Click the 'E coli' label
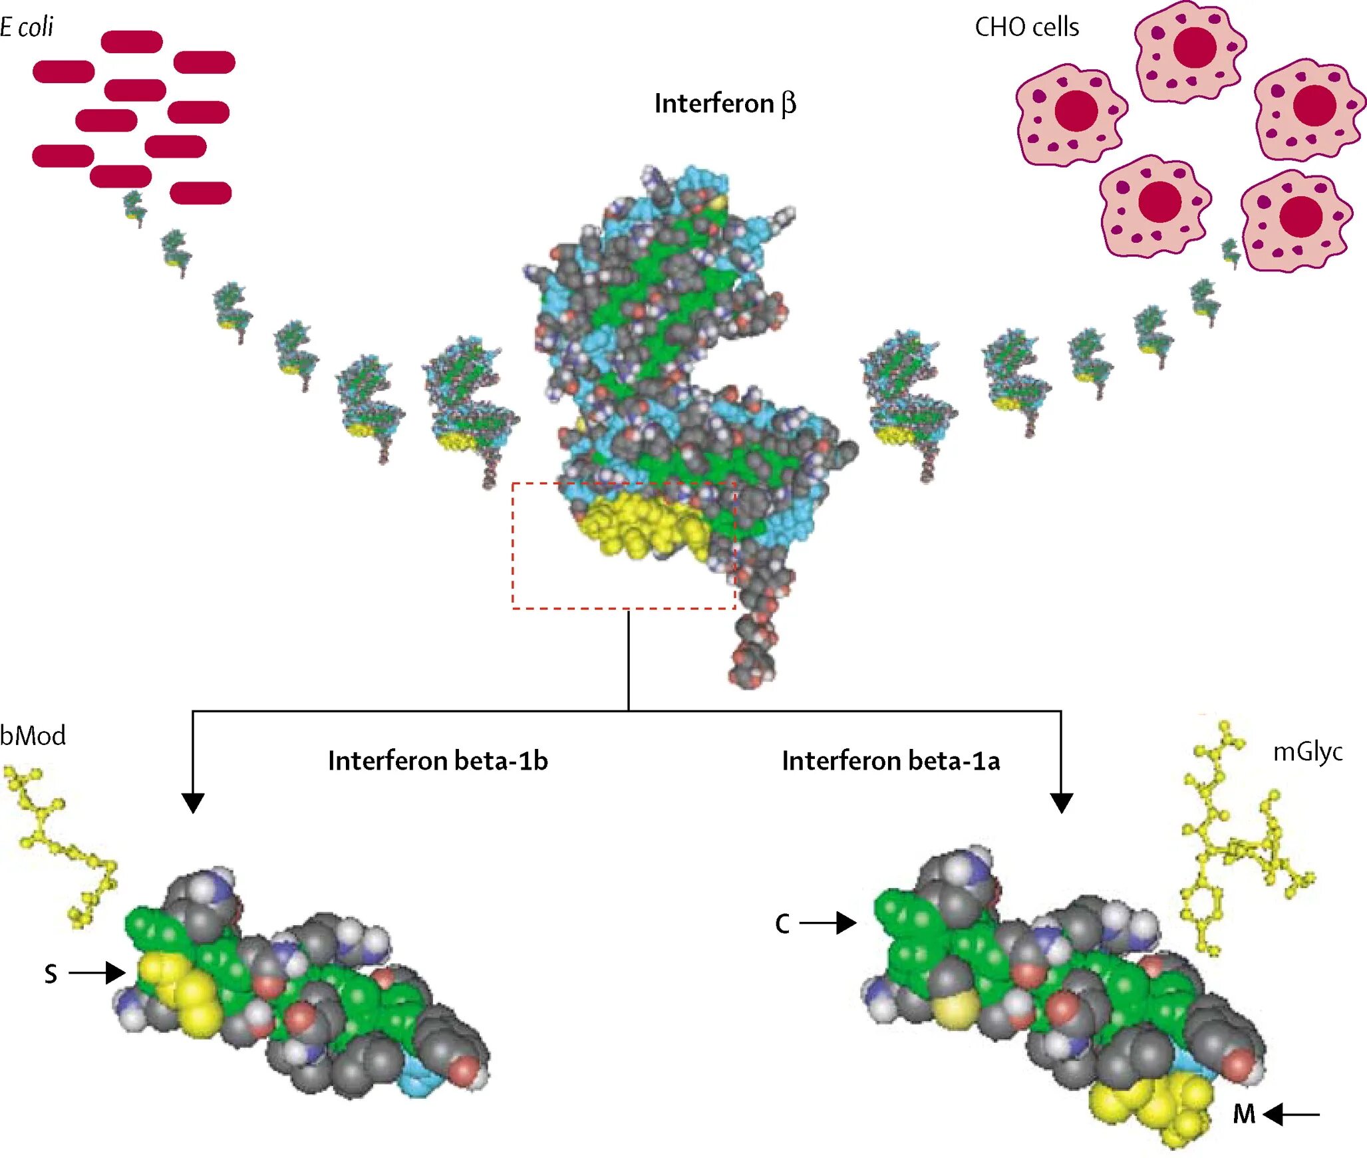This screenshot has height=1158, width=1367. point(27,27)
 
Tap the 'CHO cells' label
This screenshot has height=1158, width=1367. point(1026,27)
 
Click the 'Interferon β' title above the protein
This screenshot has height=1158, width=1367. point(724,104)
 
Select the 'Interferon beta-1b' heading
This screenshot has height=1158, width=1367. point(438,761)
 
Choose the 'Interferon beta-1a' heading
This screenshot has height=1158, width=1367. point(891,761)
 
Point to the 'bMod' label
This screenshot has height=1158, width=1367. point(33,736)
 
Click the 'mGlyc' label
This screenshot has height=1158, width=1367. point(1307,752)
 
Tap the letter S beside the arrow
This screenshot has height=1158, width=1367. point(51,974)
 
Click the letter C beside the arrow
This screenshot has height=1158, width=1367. point(782,924)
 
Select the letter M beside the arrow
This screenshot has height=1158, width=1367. point(1243,1114)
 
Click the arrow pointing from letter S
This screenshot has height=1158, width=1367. point(97,973)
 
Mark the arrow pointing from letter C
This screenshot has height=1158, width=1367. point(828,923)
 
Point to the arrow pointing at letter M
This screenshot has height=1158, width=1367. point(1291,1114)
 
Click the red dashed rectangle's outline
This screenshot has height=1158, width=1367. point(513,545)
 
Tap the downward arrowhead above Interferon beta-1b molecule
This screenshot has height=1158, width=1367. point(193,802)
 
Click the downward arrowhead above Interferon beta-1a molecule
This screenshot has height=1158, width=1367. point(1061,802)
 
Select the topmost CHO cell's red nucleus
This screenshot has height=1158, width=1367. point(1195,47)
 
